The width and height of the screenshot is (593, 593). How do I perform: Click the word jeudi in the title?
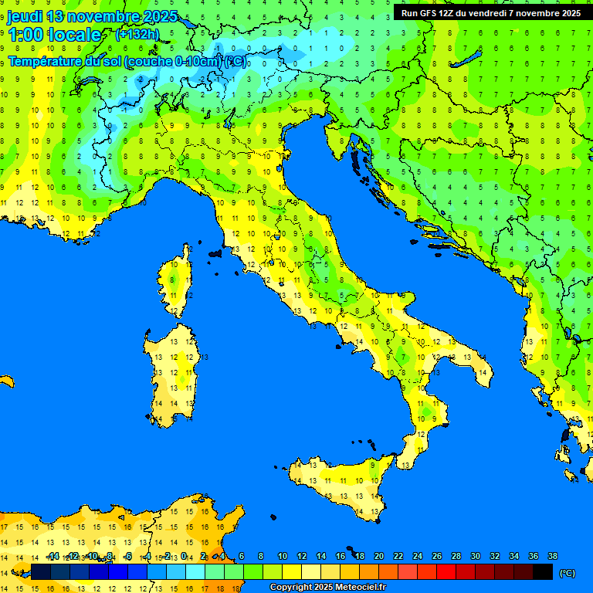point(24,16)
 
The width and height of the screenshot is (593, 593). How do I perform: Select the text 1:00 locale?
point(55,35)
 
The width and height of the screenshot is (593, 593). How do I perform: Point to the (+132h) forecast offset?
point(137,35)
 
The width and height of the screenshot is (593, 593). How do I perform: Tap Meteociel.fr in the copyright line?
point(355,588)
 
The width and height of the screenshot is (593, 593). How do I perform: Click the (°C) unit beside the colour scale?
point(567,572)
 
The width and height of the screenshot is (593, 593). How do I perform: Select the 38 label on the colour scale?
point(552,556)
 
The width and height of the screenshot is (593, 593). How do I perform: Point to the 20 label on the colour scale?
point(378,556)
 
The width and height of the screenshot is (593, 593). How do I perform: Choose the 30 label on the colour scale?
point(475,556)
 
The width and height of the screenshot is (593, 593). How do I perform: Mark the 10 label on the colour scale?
point(282,556)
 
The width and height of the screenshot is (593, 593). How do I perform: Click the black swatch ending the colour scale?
point(543,571)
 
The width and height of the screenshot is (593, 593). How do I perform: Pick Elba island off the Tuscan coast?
point(215,253)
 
